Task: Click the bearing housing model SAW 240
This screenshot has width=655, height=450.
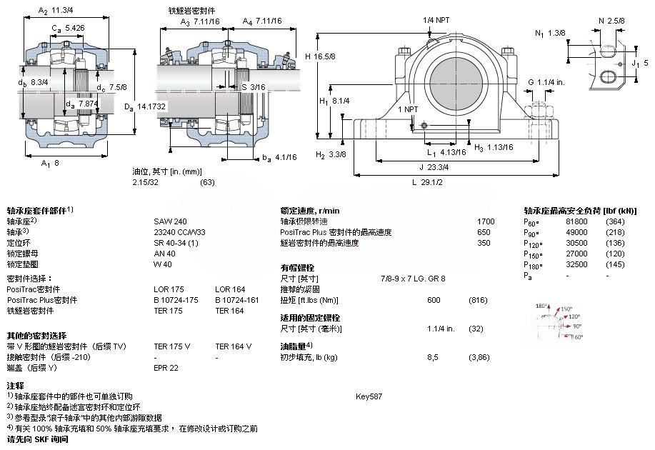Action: (x=170, y=221)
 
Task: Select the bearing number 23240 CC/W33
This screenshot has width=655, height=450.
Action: (x=179, y=232)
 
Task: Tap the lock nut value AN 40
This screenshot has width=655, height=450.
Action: (x=165, y=254)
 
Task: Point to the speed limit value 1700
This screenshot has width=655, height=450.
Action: (x=486, y=221)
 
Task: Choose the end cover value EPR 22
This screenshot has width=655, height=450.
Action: (x=166, y=368)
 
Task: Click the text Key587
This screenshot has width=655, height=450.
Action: (x=369, y=396)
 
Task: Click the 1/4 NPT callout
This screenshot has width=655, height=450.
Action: (x=436, y=19)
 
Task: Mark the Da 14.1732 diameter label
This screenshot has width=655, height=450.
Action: (x=145, y=106)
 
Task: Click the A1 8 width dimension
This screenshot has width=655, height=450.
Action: (x=50, y=163)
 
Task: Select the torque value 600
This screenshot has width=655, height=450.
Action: (x=434, y=300)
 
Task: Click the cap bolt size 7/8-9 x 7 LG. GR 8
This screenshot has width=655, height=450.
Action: (x=414, y=279)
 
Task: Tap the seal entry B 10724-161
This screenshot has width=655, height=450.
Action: (x=236, y=300)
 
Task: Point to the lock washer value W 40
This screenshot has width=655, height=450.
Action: (x=163, y=264)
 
